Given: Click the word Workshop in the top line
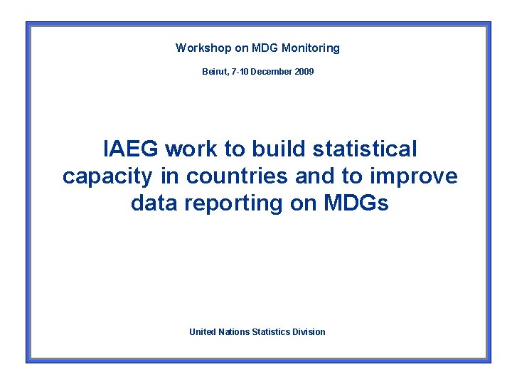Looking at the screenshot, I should coord(203,48).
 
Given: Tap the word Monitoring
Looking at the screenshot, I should coord(311,48).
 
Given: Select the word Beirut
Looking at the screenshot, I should coord(215,72).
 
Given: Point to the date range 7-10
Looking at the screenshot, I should coord(243,72).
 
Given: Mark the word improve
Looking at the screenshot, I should coord(414,177).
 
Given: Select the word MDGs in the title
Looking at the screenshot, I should coord(356,203).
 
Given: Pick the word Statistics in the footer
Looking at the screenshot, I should coord(271,332).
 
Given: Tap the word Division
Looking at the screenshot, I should coord(309,332).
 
